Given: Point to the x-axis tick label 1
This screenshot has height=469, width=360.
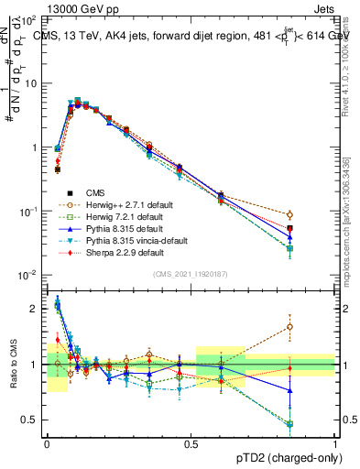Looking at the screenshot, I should point(334,442).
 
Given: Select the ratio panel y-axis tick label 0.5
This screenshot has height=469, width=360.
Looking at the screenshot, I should point(30,420).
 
